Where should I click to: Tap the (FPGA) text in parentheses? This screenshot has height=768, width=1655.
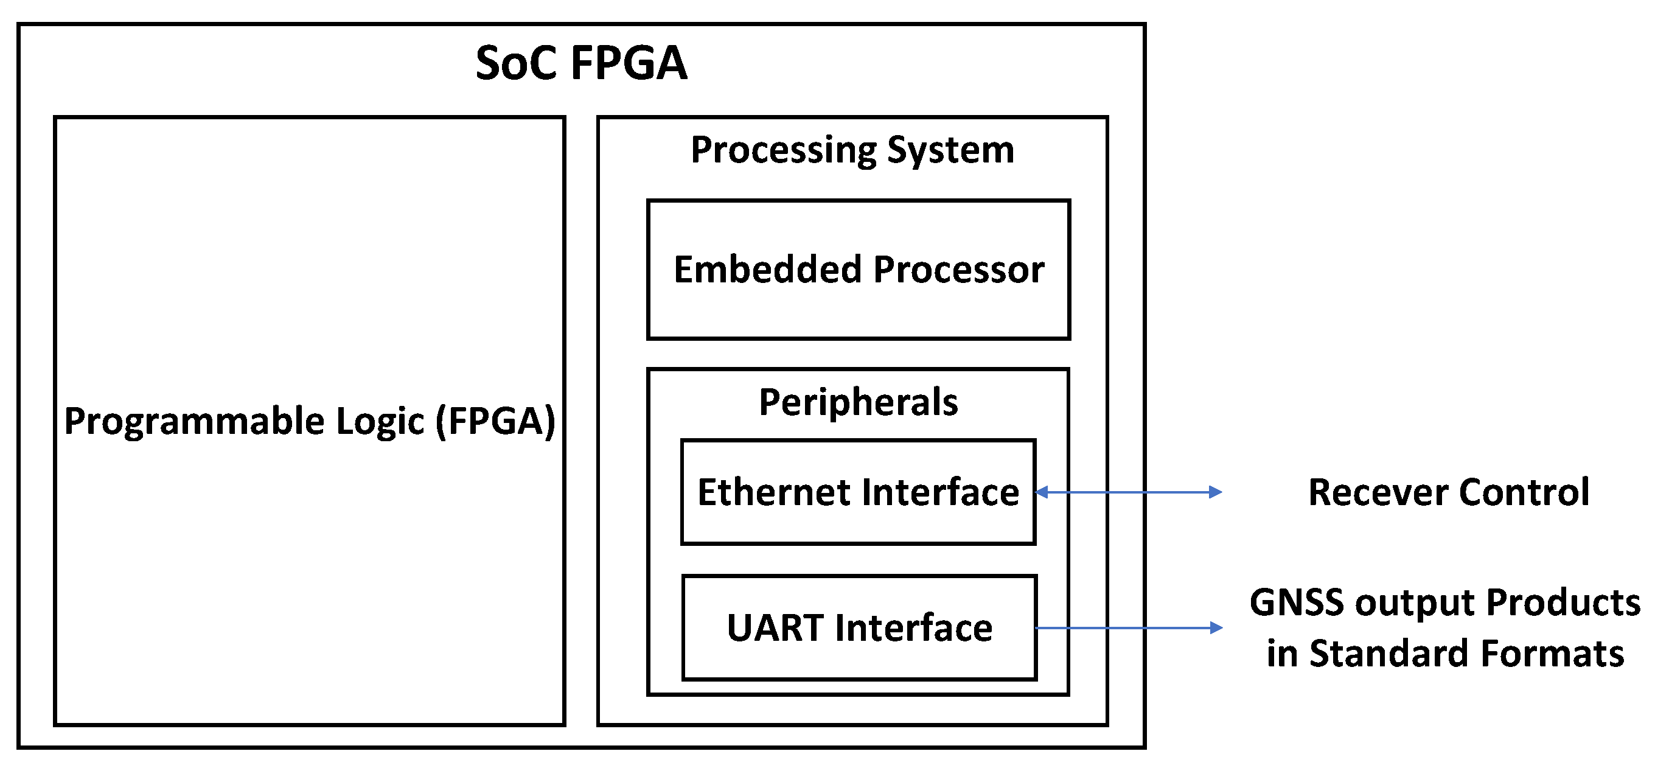[x=495, y=422]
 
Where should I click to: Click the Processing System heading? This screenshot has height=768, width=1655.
[x=852, y=150]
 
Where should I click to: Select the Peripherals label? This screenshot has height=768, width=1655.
[x=859, y=403]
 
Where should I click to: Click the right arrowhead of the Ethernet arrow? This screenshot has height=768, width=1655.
[x=1216, y=492]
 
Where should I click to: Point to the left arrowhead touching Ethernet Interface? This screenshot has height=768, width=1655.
[x=1042, y=492]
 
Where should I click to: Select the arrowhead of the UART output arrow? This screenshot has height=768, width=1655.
[x=1216, y=628]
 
